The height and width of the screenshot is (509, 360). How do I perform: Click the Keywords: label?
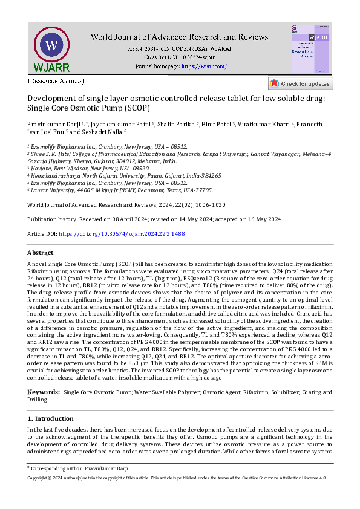coord(44,375)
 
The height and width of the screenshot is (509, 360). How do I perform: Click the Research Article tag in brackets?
coord(56,80)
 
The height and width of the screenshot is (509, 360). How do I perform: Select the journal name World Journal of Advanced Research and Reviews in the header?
coord(180,37)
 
